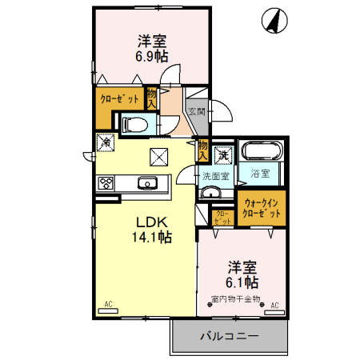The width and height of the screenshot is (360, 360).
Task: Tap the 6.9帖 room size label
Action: [151, 56]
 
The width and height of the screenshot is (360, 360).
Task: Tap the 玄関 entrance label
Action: [197, 112]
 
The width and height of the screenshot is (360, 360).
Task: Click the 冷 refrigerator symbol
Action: [106, 142]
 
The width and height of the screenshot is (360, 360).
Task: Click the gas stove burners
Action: [106, 183]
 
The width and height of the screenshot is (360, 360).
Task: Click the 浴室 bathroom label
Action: [260, 173]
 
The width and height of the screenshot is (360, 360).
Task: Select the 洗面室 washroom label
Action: [215, 176]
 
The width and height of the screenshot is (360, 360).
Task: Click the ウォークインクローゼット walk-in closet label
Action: [262, 209]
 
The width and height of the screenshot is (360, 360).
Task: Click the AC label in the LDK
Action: [109, 304]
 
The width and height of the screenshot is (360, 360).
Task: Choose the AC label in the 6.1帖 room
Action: [274, 305]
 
